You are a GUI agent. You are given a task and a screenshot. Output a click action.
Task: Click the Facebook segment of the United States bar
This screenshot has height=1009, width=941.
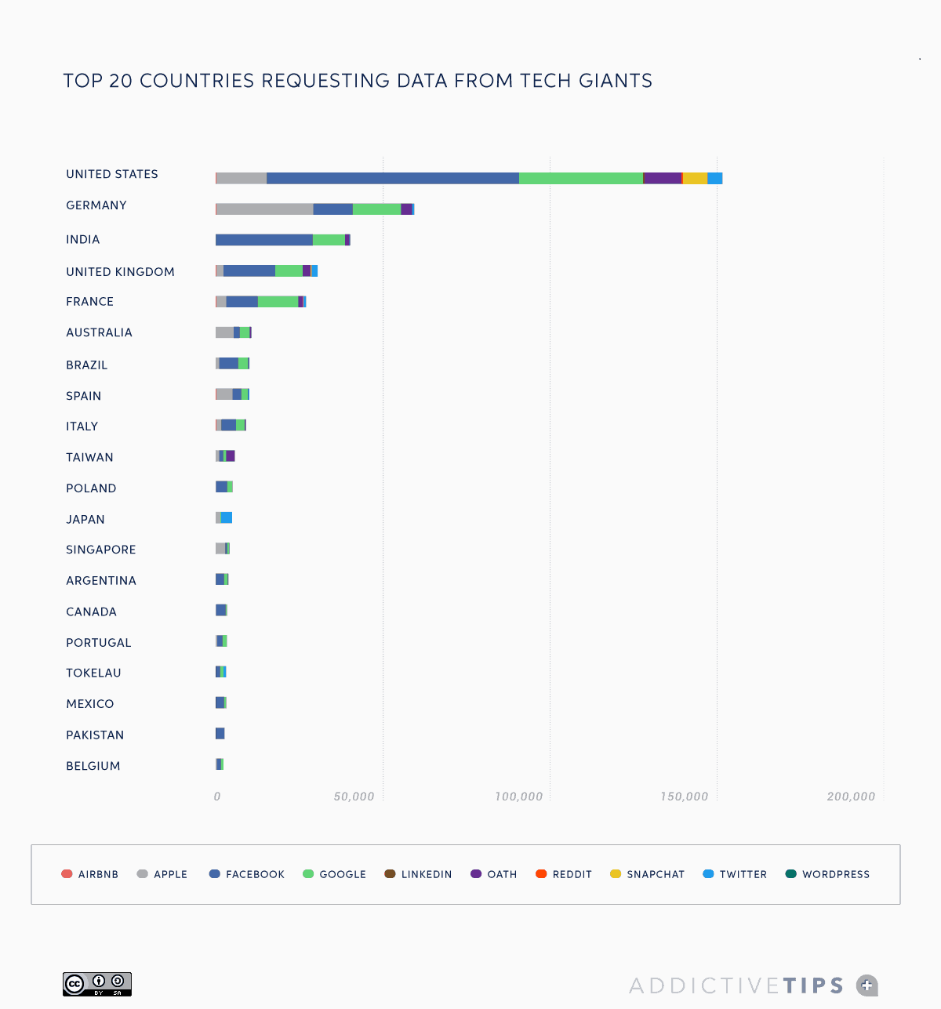pos(392,178)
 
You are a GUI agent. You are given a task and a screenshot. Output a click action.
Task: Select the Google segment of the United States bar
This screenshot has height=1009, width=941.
pos(580,178)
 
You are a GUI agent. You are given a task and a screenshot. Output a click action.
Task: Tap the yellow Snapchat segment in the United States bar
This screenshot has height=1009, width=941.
pos(695,178)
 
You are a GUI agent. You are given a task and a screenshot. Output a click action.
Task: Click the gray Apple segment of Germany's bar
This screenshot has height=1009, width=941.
pos(264,209)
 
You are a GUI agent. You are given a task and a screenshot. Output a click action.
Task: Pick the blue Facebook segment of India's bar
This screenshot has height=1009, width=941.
pos(264,240)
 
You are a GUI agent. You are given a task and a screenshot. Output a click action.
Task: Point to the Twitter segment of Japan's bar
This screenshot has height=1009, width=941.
pos(227,517)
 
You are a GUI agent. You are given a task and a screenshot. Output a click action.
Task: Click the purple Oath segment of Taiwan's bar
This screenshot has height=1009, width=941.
pos(231,456)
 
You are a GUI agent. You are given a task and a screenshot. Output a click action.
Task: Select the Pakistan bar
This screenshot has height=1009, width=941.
pos(220,734)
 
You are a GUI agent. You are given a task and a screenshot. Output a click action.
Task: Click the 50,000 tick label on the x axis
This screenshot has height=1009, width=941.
pos(354,797)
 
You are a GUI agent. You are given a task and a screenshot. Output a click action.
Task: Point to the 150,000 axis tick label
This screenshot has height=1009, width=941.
pos(684,797)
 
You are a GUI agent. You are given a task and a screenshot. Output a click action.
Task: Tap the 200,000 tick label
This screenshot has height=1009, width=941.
pos(851,797)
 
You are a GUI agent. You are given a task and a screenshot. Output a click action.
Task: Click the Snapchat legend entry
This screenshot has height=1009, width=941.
pos(648,874)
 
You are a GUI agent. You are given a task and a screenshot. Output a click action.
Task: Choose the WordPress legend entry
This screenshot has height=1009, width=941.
pos(828,874)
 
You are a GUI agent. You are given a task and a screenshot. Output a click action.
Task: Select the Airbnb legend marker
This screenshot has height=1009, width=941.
pos(67,874)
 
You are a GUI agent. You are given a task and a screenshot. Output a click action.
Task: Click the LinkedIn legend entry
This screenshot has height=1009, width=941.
pos(419,874)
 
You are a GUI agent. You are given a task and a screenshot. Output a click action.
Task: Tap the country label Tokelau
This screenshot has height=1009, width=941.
pos(93,673)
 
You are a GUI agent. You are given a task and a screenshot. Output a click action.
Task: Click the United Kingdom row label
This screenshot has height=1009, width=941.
pos(120,272)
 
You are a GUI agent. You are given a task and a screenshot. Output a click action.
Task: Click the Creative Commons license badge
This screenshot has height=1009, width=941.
pos(97,984)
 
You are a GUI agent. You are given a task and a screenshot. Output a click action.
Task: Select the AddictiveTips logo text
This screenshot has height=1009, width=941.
pos(737,985)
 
